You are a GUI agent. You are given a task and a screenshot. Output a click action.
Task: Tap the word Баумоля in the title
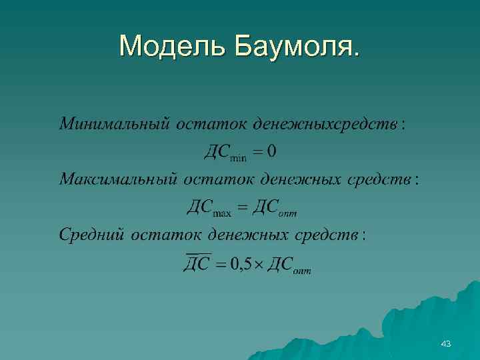click(x=296, y=46)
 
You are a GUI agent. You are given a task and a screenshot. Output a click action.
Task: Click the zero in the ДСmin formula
click(x=271, y=152)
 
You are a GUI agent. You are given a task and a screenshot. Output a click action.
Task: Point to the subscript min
click(x=238, y=157)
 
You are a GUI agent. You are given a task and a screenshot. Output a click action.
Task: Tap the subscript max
click(x=221, y=213)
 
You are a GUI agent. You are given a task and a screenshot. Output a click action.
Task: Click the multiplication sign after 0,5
click(x=259, y=265)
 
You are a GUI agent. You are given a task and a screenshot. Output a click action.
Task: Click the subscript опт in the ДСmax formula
click(x=288, y=213)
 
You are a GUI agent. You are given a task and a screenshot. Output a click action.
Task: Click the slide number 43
click(x=446, y=343)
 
